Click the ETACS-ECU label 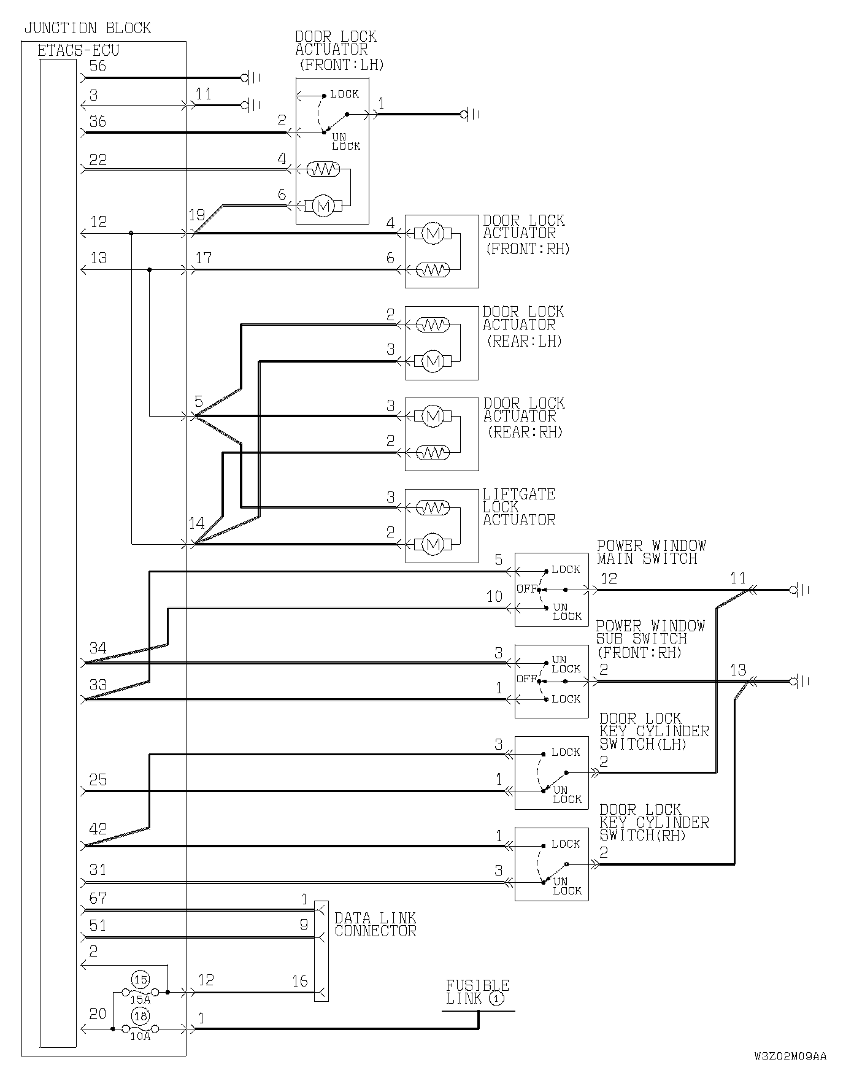[79, 50]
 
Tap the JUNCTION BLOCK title [87, 28]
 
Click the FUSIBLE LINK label [477, 992]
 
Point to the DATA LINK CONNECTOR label [375, 924]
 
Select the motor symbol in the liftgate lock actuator [433, 544]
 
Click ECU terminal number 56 [98, 66]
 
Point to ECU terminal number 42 [98, 829]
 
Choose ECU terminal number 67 [98, 899]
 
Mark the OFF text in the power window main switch [526, 589]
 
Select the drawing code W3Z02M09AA [790, 1056]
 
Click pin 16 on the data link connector [299, 981]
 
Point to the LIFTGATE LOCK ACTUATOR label [519, 507]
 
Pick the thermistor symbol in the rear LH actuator [433, 325]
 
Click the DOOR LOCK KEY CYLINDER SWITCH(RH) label [654, 822]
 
